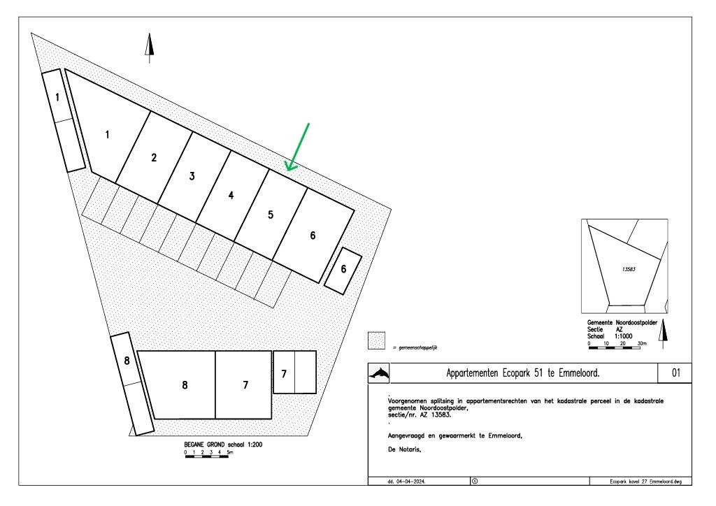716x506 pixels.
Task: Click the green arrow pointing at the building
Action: [297, 147]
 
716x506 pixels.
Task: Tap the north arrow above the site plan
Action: [150, 48]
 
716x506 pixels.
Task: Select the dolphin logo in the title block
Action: [379, 374]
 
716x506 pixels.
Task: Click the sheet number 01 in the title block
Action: [676, 373]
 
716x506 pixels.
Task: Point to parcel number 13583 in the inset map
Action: [629, 269]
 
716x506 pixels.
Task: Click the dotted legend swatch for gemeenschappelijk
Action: [377, 340]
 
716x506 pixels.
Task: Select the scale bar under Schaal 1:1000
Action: [615, 348]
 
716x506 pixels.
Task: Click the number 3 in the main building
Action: [192, 176]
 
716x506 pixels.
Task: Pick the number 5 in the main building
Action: [271, 215]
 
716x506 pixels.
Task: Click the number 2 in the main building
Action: [154, 157]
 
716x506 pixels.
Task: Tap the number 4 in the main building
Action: [231, 195]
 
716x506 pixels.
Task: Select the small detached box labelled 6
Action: [343, 271]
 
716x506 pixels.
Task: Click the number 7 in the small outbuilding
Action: [284, 374]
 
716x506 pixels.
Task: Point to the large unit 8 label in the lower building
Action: [185, 385]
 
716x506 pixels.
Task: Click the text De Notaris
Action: [405, 449]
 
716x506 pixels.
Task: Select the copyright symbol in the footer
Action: [475, 481]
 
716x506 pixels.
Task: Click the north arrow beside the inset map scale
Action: [664, 334]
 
